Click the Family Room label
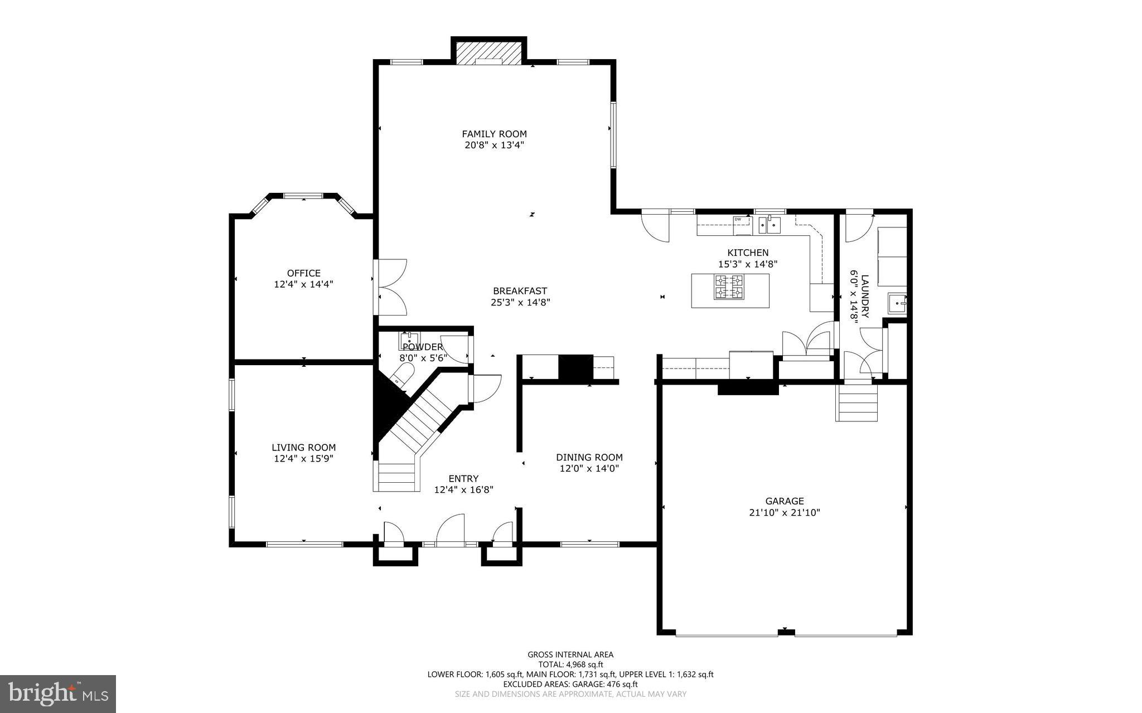click(x=494, y=134)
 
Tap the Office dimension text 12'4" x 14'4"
click(x=303, y=284)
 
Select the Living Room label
click(x=303, y=447)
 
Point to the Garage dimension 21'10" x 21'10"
click(x=784, y=513)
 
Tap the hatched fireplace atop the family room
click(x=488, y=53)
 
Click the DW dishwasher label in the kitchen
click(x=738, y=219)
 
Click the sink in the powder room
click(x=409, y=339)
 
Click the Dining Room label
click(x=589, y=457)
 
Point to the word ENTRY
click(x=463, y=478)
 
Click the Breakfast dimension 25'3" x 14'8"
click(x=520, y=303)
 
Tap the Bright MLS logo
click(x=58, y=693)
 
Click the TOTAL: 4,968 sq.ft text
click(x=570, y=665)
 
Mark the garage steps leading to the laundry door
click(x=856, y=405)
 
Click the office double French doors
click(x=392, y=286)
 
